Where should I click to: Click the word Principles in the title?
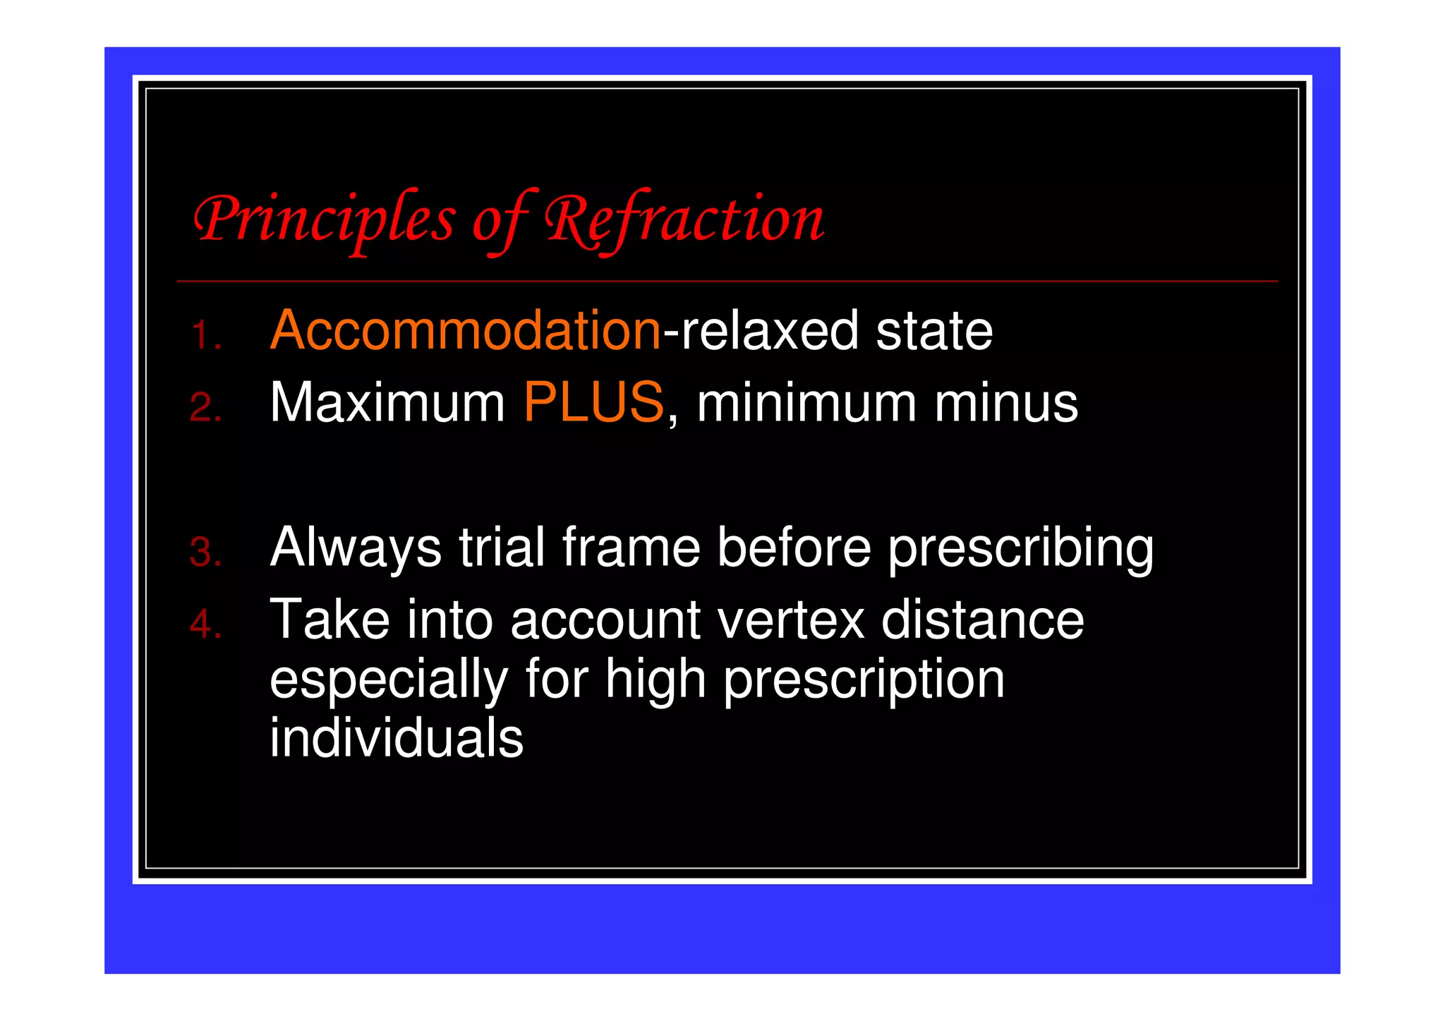(324, 220)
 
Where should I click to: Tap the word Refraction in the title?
(683, 220)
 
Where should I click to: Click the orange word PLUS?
(593, 403)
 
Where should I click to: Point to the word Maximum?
(387, 403)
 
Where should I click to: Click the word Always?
(356, 548)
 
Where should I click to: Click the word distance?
(982, 620)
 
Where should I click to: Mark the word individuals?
(397, 738)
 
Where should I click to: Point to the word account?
(605, 620)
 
